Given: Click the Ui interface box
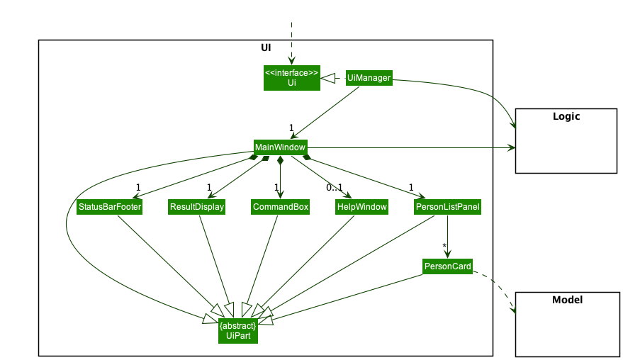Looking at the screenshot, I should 291,78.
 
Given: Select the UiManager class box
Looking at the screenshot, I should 369,78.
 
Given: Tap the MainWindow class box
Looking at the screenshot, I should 280,147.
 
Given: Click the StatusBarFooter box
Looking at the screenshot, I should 109,207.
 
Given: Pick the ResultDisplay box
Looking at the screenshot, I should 196,207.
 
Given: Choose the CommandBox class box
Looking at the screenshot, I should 281,207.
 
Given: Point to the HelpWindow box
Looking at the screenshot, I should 361,207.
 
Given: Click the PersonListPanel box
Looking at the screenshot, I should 447,207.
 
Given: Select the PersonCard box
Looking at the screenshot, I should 447,266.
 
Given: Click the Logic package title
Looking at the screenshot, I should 566,116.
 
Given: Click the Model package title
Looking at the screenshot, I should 566,300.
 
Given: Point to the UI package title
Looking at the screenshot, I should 265,48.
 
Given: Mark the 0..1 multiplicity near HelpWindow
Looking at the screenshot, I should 334,188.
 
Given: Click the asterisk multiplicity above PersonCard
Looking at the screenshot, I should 444,246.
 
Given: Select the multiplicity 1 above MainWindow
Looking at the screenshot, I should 291,128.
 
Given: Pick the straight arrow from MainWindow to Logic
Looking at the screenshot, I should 411,148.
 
